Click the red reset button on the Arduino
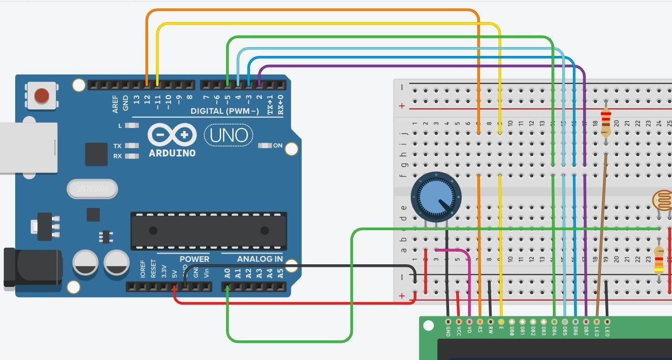(42, 95)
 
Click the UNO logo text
(228, 135)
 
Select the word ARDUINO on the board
(172, 153)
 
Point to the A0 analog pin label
(227, 273)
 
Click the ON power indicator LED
(265, 146)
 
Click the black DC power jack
(32, 268)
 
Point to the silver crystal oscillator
(92, 189)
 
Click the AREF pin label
(115, 104)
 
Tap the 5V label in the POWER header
(174, 274)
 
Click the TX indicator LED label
(117, 146)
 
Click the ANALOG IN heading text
(260, 259)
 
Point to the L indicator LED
(131, 126)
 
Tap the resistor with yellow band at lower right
(659, 260)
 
